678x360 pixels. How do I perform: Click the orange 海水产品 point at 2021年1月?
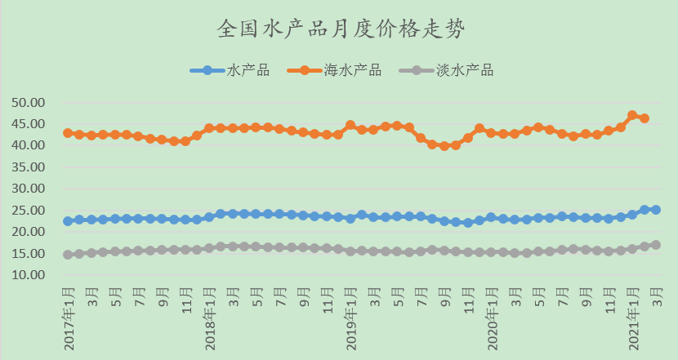click(632, 115)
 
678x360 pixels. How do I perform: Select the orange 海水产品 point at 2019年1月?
click(350, 126)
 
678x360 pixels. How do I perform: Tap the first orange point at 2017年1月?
click(68, 133)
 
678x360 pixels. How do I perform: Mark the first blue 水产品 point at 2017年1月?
click(68, 221)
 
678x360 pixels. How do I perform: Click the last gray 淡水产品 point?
click(656, 245)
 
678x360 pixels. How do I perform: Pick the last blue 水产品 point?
click(656, 210)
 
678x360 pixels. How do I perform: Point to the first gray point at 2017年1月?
click(68, 255)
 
